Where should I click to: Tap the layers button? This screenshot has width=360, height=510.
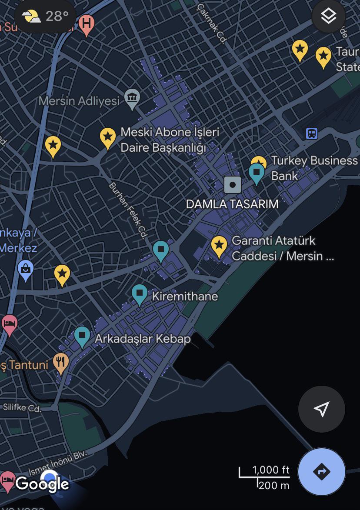[328, 17]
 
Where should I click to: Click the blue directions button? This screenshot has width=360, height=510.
[322, 472]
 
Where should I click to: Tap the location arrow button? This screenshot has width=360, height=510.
[321, 409]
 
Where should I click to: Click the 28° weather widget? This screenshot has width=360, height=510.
[45, 17]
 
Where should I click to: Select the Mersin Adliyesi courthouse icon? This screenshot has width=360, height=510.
[132, 97]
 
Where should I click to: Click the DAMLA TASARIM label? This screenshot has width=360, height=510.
[232, 204]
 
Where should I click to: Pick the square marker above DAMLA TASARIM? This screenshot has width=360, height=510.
[233, 185]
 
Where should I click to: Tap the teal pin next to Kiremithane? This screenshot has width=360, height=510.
[140, 294]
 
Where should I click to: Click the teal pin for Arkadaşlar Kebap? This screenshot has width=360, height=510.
[82, 336]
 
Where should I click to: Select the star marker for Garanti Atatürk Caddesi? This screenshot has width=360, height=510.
[219, 246]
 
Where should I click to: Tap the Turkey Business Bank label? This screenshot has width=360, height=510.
[314, 168]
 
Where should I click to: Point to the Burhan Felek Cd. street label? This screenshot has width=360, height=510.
[127, 210]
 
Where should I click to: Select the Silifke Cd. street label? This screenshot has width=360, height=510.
[22, 408]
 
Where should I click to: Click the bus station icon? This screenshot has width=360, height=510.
[311, 133]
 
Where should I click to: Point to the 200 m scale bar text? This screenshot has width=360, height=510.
[273, 485]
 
